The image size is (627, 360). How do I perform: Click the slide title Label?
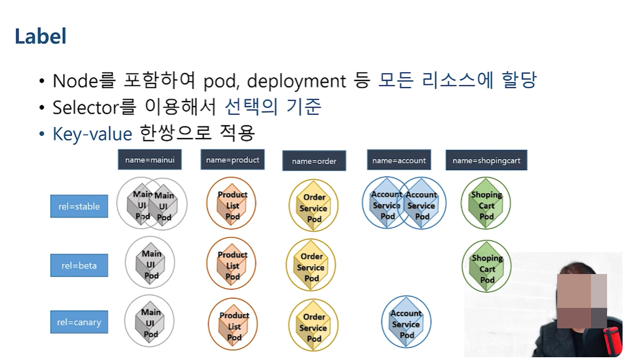click(x=40, y=37)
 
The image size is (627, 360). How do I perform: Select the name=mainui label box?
click(x=150, y=160)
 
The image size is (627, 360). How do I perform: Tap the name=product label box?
click(x=232, y=160)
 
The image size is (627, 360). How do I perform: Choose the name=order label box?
click(x=314, y=161)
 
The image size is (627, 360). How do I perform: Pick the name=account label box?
click(x=399, y=160)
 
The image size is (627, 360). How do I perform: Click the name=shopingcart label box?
click(x=486, y=160)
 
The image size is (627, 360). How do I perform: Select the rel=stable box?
click(x=79, y=206)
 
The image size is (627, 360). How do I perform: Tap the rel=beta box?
click(x=79, y=265)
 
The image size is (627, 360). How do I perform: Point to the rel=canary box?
click(x=79, y=322)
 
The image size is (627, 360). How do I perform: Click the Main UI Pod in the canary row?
click(x=150, y=322)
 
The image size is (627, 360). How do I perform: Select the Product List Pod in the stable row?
click(x=232, y=204)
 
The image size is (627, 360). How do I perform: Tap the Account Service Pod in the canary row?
click(x=406, y=322)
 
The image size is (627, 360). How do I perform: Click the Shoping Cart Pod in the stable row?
click(x=486, y=204)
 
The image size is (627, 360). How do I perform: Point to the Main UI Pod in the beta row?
click(x=150, y=263)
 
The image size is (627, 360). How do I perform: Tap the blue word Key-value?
click(x=92, y=134)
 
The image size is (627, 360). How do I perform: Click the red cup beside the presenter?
click(x=613, y=339)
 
